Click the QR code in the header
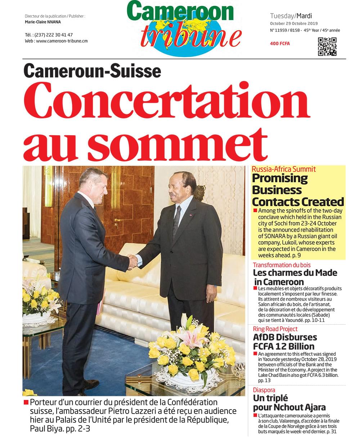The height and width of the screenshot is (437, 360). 327,46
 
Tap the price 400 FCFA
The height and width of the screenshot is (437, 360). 280,44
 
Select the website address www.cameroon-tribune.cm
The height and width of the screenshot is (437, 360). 62,41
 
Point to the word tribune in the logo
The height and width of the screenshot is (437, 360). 191,37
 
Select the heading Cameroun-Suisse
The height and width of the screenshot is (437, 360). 92,70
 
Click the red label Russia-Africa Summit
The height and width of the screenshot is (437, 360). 284,169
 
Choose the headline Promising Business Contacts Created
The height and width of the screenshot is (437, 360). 297,190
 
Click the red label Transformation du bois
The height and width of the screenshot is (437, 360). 282,265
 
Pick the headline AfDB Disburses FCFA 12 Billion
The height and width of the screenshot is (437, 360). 285,342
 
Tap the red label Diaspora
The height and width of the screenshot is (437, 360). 264,390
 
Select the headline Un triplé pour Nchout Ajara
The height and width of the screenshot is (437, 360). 289,403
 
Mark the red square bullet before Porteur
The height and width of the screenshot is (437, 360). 26,402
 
